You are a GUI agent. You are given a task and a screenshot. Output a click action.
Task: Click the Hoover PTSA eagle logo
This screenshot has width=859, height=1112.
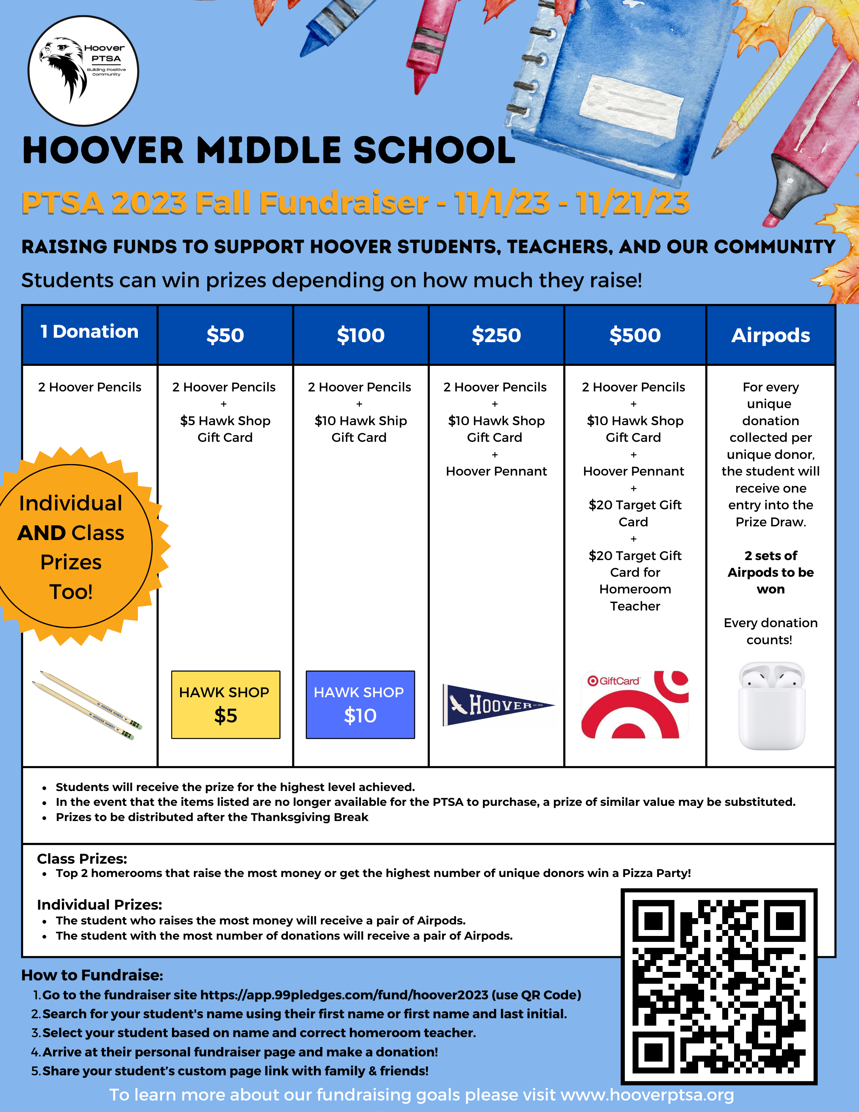pyautogui.click(x=83, y=70)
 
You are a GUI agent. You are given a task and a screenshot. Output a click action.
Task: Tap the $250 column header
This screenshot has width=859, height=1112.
pyautogui.click(x=496, y=335)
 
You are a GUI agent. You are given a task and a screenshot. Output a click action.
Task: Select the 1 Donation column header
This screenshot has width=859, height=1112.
pyautogui.click(x=90, y=332)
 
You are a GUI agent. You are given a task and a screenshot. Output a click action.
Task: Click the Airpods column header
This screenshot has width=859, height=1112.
pyautogui.click(x=770, y=335)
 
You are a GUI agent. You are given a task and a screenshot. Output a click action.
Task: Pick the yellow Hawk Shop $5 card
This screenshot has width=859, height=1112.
pyautogui.click(x=225, y=705)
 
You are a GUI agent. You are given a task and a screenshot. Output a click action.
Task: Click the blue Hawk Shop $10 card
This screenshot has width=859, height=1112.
pyautogui.click(x=360, y=705)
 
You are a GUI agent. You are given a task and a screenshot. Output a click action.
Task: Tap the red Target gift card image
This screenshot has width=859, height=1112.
pyautogui.click(x=634, y=705)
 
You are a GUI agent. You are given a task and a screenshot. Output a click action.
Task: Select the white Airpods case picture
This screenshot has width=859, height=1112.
pyautogui.click(x=772, y=706)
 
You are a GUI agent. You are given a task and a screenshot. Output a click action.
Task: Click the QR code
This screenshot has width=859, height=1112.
pyautogui.click(x=719, y=987)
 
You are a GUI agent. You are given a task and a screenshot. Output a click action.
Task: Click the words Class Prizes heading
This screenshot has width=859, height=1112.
pyautogui.click(x=82, y=858)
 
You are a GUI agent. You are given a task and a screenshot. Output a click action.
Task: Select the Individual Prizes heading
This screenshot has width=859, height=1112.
pyautogui.click(x=99, y=904)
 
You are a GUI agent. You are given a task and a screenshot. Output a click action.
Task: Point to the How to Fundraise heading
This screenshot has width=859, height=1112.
pyautogui.click(x=92, y=974)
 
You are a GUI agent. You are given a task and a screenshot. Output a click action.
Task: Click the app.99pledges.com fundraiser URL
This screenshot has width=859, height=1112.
pyautogui.click(x=344, y=995)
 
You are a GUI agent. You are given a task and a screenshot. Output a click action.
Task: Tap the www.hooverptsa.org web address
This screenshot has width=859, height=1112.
pyautogui.click(x=647, y=1094)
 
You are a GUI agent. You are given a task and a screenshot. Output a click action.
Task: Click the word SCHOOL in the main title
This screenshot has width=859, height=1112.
pyautogui.click(x=434, y=151)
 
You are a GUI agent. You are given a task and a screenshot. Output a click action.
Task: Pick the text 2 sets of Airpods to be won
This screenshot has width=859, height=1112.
pyautogui.click(x=770, y=572)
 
